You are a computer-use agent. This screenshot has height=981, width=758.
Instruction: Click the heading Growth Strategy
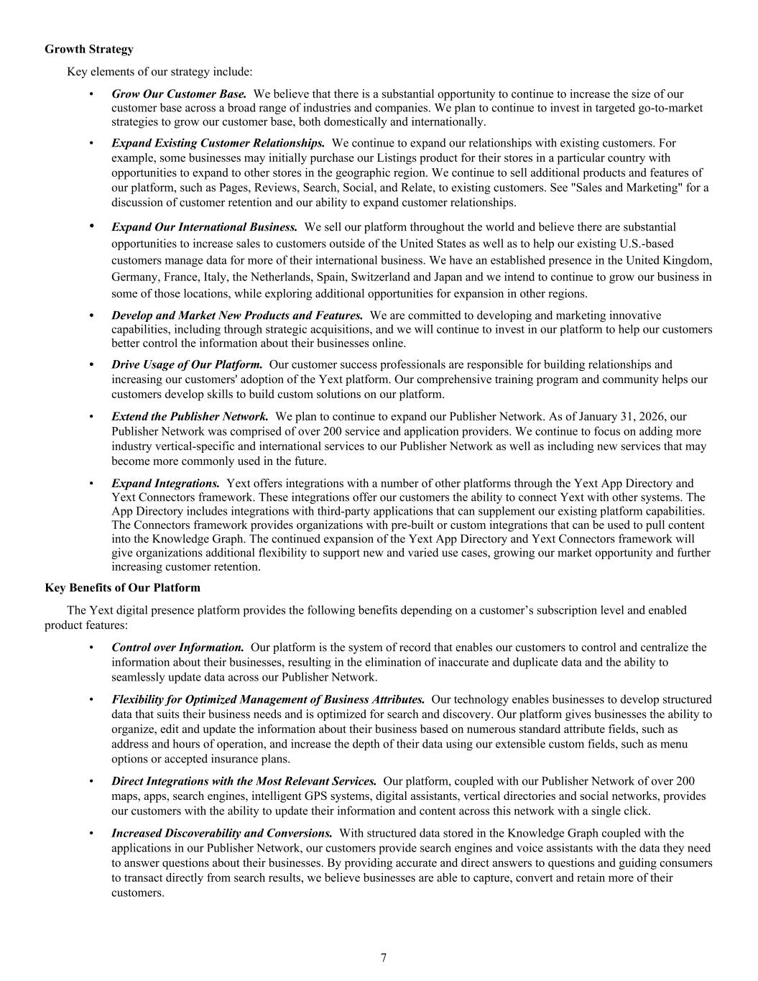click(x=88, y=50)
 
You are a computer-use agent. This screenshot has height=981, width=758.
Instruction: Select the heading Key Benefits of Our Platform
click(x=122, y=588)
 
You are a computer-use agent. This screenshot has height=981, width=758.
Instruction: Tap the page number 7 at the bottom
click(x=384, y=957)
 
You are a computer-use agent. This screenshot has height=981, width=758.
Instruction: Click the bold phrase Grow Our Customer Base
click(x=179, y=94)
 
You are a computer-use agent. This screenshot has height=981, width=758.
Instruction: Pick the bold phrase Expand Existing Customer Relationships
click(x=218, y=143)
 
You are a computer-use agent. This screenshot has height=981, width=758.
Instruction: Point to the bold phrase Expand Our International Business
click(x=204, y=227)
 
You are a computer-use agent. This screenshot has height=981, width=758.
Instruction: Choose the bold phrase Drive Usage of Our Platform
click(x=187, y=365)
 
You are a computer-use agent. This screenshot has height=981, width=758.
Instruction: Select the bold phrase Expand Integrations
click(x=165, y=484)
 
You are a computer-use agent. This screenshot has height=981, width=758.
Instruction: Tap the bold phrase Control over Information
click(x=177, y=648)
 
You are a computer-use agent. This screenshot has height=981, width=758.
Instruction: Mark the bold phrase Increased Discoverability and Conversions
click(x=221, y=833)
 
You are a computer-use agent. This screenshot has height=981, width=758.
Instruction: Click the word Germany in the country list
click(x=135, y=277)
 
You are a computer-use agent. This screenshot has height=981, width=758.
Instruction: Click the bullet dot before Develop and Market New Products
click(x=91, y=316)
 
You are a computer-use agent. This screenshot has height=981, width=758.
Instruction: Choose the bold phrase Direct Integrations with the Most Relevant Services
click(x=244, y=781)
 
